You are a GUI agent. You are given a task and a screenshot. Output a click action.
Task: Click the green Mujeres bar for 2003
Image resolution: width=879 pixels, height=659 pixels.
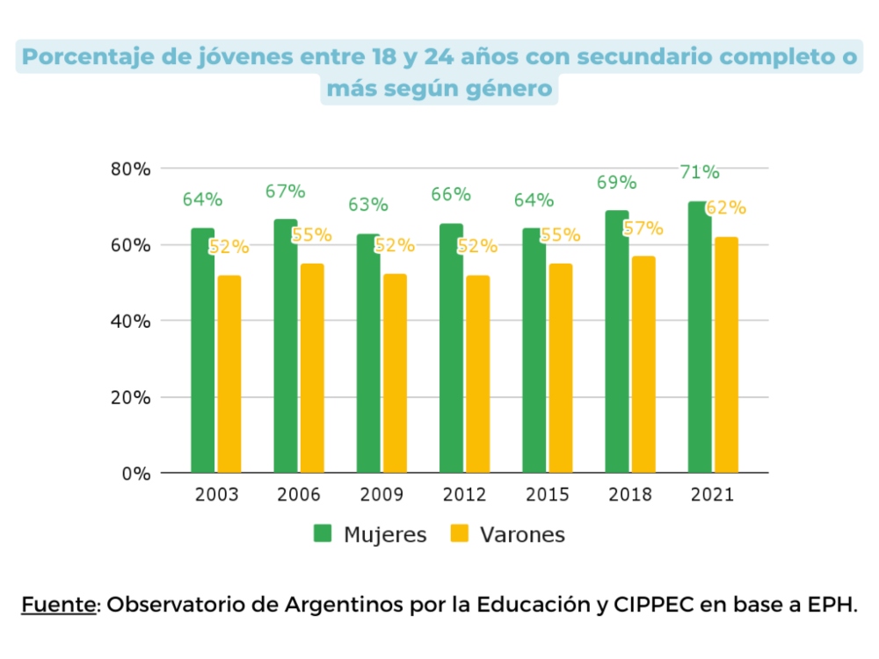tap(202, 351)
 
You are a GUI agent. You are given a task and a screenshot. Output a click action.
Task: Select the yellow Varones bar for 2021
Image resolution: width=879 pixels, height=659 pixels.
tap(726, 355)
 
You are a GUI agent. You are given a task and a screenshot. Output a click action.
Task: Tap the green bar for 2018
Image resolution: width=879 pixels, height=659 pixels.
tap(617, 343)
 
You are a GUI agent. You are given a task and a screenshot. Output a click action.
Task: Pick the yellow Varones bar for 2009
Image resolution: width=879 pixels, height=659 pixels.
tap(395, 373)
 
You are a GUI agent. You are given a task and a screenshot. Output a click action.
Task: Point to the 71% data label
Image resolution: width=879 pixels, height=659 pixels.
tap(700, 172)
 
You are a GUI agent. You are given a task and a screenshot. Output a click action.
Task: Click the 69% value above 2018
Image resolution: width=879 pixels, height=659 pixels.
tap(616, 183)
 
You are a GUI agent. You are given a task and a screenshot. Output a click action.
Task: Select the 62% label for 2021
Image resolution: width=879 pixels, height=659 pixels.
tap(726, 208)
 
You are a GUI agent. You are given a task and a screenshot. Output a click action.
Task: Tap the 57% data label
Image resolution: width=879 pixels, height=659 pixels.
tap(643, 228)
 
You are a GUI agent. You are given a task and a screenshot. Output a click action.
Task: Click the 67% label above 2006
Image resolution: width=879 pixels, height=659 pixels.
tap(286, 192)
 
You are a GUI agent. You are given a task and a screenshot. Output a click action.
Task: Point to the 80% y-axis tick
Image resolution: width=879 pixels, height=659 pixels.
tap(131, 169)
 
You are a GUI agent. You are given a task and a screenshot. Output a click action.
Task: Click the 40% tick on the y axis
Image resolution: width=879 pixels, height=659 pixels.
tap(131, 321)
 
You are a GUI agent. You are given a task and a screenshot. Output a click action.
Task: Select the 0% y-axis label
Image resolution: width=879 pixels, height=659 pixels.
tap(136, 474)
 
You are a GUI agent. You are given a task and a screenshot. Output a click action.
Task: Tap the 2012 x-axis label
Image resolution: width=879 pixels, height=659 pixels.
tap(463, 495)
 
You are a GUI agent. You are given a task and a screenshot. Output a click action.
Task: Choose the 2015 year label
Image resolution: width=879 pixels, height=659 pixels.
tap(547, 495)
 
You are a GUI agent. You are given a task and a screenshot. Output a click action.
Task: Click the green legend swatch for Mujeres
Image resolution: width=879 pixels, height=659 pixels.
tap(323, 533)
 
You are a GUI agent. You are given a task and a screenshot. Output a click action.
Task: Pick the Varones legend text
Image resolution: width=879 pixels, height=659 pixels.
tap(522, 534)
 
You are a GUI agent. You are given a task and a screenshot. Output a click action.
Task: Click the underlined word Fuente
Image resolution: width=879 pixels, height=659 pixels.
tap(58, 605)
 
